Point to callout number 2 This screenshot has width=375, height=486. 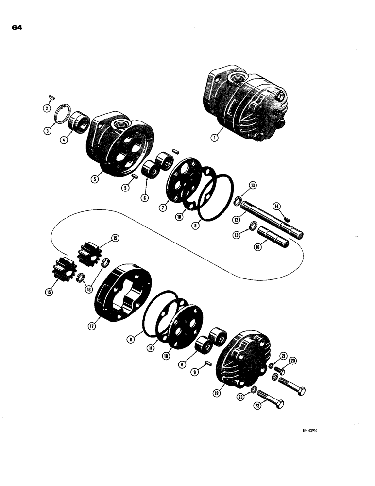click(x=47, y=108)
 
